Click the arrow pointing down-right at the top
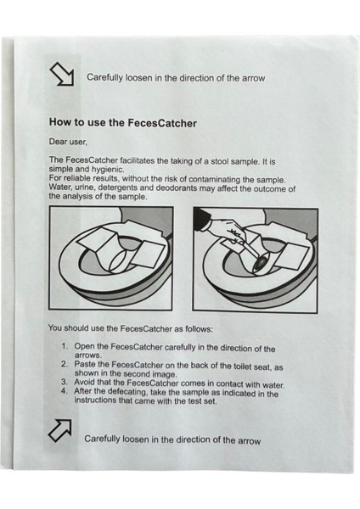(x=61, y=74)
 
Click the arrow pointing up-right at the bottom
(x=60, y=430)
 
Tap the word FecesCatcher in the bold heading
(x=162, y=123)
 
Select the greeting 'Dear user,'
(x=68, y=142)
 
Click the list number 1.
(x=65, y=346)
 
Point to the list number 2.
(x=65, y=364)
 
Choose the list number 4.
(x=65, y=390)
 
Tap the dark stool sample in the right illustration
(x=260, y=262)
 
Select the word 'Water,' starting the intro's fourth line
(x=60, y=187)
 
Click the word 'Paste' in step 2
(x=84, y=364)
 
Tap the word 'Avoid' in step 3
(x=84, y=382)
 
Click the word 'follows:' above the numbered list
(x=200, y=329)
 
